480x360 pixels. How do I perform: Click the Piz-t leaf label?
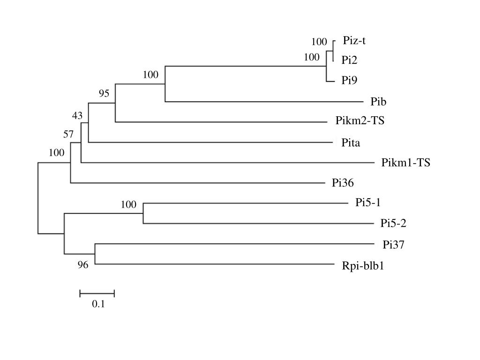tap(354, 41)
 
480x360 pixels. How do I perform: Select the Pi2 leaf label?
tap(349, 60)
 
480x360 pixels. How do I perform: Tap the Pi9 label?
tap(349, 81)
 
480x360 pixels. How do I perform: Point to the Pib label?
tap(378, 101)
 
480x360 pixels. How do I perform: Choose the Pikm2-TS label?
tap(360, 121)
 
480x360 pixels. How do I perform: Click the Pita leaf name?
tap(351, 143)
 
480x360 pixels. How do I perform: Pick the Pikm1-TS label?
tap(406, 163)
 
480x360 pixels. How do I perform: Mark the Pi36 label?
tap(343, 183)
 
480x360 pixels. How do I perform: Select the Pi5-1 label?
tap(367, 202)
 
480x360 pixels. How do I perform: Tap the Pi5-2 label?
tap(393, 223)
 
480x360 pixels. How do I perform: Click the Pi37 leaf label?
tap(393, 244)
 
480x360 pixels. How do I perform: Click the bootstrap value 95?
tap(104, 94)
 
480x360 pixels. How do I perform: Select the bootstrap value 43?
tap(77, 116)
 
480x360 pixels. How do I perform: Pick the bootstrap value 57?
tap(69, 135)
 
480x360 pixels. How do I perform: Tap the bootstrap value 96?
tap(83, 265)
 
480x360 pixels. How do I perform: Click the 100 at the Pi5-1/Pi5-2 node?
tap(128, 205)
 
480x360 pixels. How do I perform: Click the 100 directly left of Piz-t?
tap(319, 42)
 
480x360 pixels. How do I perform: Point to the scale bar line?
tap(97, 294)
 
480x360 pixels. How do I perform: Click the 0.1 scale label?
tap(98, 304)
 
